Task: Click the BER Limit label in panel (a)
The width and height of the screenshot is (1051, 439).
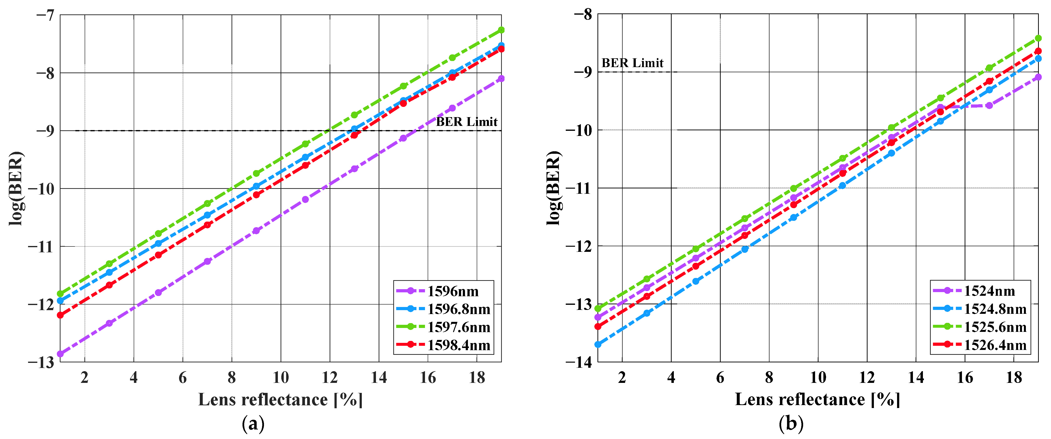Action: point(466,122)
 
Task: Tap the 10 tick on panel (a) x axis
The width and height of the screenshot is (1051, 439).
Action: point(281,378)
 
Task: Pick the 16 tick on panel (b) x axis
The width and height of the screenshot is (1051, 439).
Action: point(965,378)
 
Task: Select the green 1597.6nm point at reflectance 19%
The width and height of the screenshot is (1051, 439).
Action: point(501,30)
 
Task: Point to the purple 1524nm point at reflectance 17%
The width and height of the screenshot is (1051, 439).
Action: point(989,105)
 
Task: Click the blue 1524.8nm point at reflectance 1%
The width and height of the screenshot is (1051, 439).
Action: point(598,344)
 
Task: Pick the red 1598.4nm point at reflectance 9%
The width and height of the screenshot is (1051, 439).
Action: point(256,195)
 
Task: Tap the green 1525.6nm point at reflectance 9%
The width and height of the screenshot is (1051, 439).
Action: point(794,188)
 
